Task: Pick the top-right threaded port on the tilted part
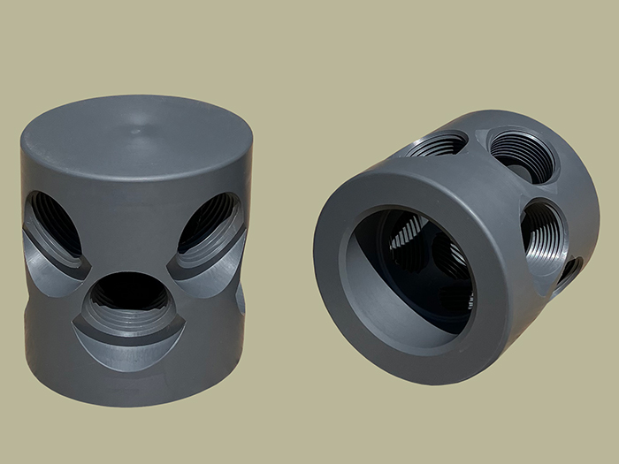(x=522, y=155)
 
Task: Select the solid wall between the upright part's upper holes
(x=133, y=221)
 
